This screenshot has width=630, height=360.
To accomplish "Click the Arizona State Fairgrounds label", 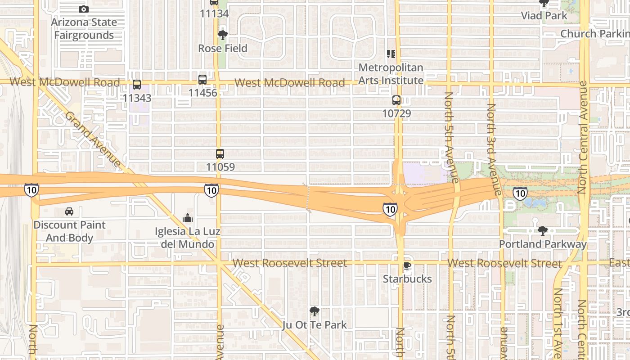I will click(x=84, y=28).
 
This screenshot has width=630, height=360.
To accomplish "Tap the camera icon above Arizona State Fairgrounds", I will click(x=83, y=9).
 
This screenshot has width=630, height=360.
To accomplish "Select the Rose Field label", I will click(x=223, y=48).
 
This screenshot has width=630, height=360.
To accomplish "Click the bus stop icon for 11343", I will click(x=137, y=85).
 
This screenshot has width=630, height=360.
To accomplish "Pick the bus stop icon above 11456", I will click(x=202, y=80).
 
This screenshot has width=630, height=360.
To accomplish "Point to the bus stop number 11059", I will click(x=220, y=167).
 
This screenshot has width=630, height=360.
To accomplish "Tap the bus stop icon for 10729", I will click(x=396, y=100).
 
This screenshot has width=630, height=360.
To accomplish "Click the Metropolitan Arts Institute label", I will click(x=391, y=74).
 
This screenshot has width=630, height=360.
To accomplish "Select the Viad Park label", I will click(x=544, y=16).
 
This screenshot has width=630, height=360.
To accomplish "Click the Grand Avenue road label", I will click(x=93, y=138).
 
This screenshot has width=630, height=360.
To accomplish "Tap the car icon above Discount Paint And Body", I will click(x=69, y=211).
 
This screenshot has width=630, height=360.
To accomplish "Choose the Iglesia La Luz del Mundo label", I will click(x=188, y=238).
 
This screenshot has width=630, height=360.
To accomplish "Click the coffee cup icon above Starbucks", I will click(x=407, y=266).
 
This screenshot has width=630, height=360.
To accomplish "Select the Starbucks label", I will click(x=407, y=279).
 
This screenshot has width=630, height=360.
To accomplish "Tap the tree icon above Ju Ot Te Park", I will click(x=315, y=311).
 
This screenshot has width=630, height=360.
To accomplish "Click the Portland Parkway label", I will click(x=543, y=244).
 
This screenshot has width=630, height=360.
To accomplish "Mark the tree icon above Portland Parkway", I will click(x=543, y=231).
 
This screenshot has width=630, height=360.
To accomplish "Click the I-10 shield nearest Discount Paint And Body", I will click(x=31, y=189).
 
